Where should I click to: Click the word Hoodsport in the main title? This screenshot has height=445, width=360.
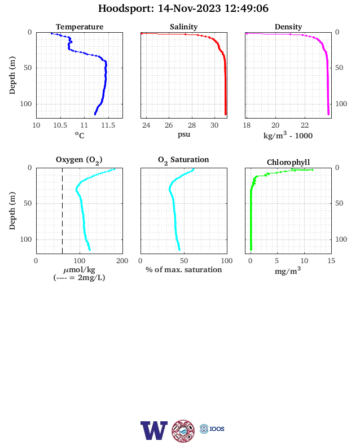pyautogui.click(x=126, y=8)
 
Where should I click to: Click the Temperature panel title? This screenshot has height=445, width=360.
pyautogui.click(x=80, y=27)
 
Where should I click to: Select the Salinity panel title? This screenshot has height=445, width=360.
pyautogui.click(x=184, y=27)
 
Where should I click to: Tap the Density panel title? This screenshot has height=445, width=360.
pyautogui.click(x=288, y=27)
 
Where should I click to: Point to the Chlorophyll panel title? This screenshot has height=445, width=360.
pyautogui.click(x=288, y=162)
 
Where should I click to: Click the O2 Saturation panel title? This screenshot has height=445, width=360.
pyautogui.click(x=183, y=160)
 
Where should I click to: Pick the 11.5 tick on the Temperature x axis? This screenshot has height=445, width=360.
pyautogui.click(x=108, y=125)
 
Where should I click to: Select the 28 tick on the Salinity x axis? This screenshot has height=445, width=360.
pyautogui.click(x=192, y=125)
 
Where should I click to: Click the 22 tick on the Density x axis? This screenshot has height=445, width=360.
pyautogui.click(x=305, y=125)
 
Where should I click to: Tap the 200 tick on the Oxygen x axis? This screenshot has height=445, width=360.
pyautogui.click(x=122, y=261)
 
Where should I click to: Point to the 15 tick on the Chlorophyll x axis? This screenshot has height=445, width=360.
pyautogui.click(x=331, y=261)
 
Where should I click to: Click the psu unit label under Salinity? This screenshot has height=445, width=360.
pyautogui.click(x=184, y=134)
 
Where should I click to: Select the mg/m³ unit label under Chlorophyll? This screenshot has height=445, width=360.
pyautogui.click(x=288, y=271)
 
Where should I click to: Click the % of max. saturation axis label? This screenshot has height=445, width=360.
pyautogui.click(x=184, y=269)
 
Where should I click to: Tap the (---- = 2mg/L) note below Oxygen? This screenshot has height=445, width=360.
pyautogui.click(x=79, y=277)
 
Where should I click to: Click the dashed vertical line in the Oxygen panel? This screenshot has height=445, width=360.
pyautogui.click(x=63, y=211)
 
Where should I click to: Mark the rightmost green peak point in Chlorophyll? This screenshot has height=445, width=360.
pyautogui.click(x=313, y=170)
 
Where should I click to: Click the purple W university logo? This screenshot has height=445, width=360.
pyautogui.click(x=154, y=430)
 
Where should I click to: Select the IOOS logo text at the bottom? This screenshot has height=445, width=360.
pyautogui.click(x=217, y=429)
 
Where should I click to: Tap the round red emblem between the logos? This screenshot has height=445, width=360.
pyautogui.click(x=183, y=431)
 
